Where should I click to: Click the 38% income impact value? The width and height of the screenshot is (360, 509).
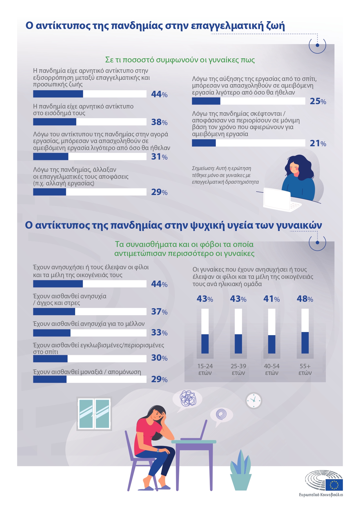tap(159, 122)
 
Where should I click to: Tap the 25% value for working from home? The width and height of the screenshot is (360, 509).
tap(318, 101)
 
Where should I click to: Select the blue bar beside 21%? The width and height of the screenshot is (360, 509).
tap(204, 143)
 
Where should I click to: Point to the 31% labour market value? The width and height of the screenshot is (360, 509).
tap(159, 157)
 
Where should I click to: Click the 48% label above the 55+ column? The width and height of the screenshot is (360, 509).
tap(305, 299)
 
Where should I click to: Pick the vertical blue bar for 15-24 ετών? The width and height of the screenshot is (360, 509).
tap(205, 344)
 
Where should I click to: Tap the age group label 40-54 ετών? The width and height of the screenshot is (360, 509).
tap(272, 369)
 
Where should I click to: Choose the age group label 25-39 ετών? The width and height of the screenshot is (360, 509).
tap(238, 369)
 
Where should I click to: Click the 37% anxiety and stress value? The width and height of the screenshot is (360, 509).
tap(159, 312)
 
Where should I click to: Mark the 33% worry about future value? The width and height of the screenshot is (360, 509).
tap(159, 333)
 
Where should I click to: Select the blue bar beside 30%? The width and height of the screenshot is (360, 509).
tap(50, 359)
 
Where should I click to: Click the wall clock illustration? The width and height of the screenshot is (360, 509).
tap(254, 400)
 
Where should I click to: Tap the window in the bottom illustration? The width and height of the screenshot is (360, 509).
tap(94, 414)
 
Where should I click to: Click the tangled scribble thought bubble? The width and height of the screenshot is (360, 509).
tap(188, 398)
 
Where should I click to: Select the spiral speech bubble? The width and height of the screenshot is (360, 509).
tap(221, 414)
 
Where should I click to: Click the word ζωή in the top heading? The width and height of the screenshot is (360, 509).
tap(275, 26)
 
